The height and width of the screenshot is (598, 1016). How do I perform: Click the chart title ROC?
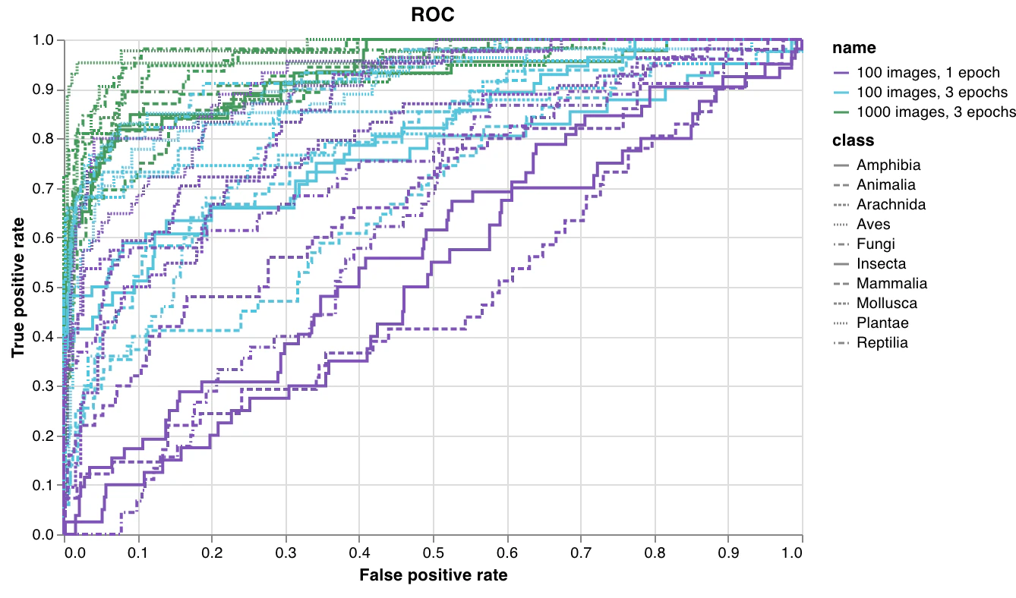[432, 14]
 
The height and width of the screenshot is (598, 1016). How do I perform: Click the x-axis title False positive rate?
[433, 574]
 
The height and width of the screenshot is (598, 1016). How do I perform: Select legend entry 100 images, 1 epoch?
[926, 73]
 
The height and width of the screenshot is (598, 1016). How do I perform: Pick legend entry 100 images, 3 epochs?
[932, 93]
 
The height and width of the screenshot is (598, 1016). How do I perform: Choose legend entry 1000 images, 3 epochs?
[936, 112]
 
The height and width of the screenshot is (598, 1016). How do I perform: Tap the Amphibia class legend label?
[888, 165]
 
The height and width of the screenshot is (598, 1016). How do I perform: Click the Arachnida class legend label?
[891, 204]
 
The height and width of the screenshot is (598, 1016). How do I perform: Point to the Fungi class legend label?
[876, 244]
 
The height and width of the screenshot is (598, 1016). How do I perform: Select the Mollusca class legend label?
[886, 303]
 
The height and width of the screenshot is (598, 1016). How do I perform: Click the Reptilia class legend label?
[882, 342]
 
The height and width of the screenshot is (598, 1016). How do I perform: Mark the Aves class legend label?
[873, 224]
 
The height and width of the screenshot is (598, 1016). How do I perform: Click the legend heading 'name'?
[854, 48]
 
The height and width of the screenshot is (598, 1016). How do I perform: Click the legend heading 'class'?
[853, 140]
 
